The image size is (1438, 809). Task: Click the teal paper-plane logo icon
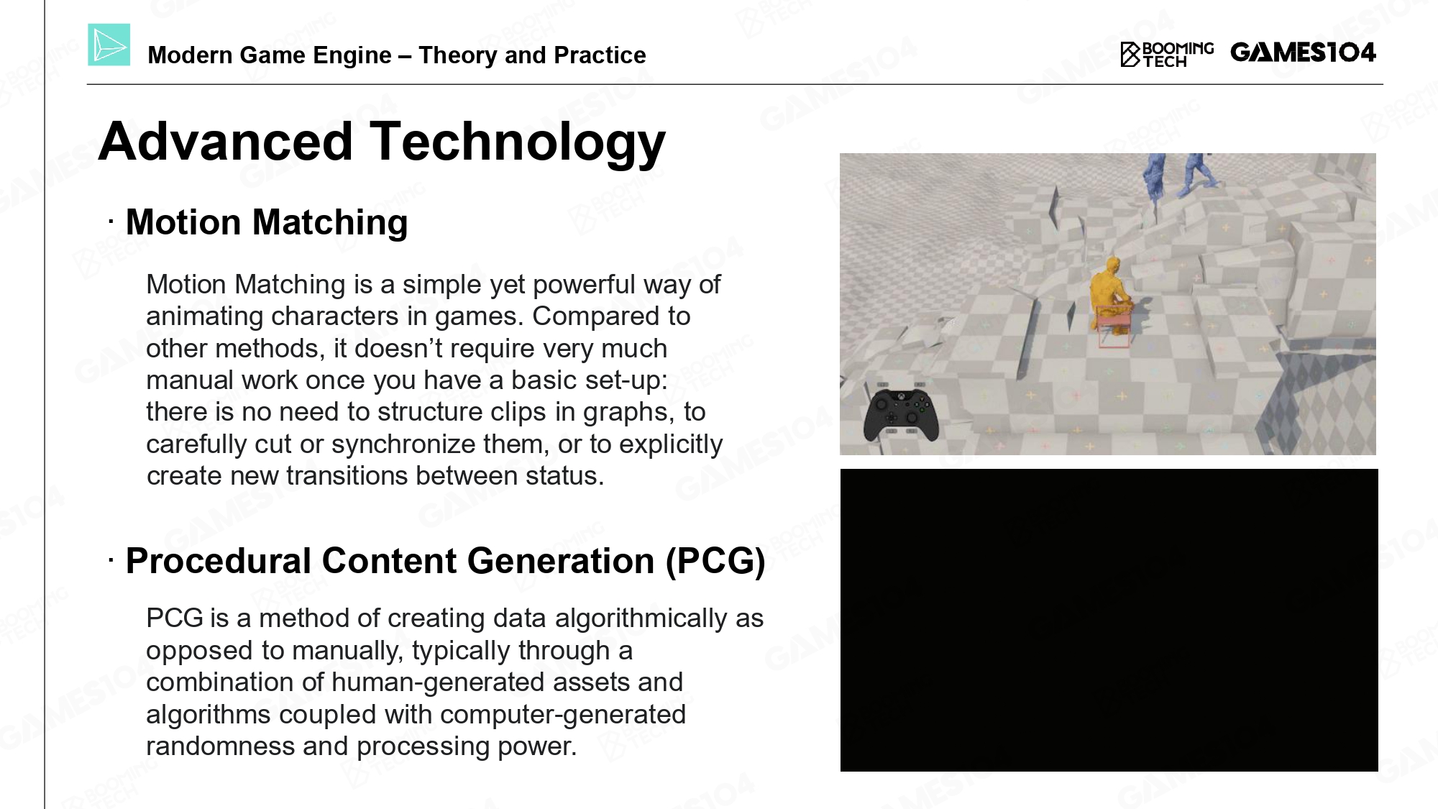pyautogui.click(x=109, y=45)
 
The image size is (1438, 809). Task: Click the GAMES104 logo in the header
pyautogui.click(x=1303, y=52)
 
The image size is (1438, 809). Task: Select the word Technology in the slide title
pyautogui.click(x=518, y=142)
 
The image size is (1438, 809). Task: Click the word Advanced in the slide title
pyautogui.click(x=225, y=141)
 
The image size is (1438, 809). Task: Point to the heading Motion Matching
pyautogui.click(x=267, y=222)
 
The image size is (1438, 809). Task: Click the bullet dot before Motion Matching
pyautogui.click(x=111, y=223)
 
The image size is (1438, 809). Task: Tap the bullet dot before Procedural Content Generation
pyautogui.click(x=111, y=561)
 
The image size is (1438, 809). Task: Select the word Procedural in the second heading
pyautogui.click(x=219, y=561)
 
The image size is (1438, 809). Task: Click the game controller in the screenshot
pyautogui.click(x=899, y=415)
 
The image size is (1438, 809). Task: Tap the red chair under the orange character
pyautogui.click(x=1114, y=327)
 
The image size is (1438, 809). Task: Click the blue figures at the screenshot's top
pyautogui.click(x=1179, y=175)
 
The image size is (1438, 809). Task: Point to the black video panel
pyautogui.click(x=1109, y=620)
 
